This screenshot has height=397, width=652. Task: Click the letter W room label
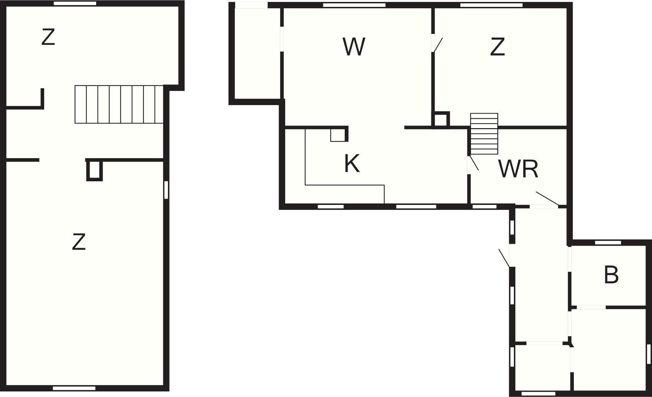coord(354,47)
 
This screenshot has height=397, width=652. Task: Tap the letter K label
coord(352,163)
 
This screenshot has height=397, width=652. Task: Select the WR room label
coord(518,169)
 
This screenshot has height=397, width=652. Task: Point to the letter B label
coord(611,275)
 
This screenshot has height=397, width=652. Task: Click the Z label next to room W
coord(497,47)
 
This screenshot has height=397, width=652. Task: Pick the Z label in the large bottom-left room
coord(79,242)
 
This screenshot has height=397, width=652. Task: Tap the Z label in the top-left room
coord(48,37)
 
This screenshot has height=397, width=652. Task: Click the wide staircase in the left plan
coord(119,104)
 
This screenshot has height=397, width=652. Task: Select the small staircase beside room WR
coord(484,134)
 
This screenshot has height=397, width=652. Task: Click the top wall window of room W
coord(354,5)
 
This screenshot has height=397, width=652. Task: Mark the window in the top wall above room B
coord(608,243)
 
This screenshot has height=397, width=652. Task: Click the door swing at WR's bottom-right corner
coord(547,198)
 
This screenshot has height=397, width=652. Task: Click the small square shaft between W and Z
coord(441,119)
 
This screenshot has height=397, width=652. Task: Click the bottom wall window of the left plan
coord(74,388)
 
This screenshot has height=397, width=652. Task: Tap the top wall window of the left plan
coord(75,3)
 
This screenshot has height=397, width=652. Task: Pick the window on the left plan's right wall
coord(166,190)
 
